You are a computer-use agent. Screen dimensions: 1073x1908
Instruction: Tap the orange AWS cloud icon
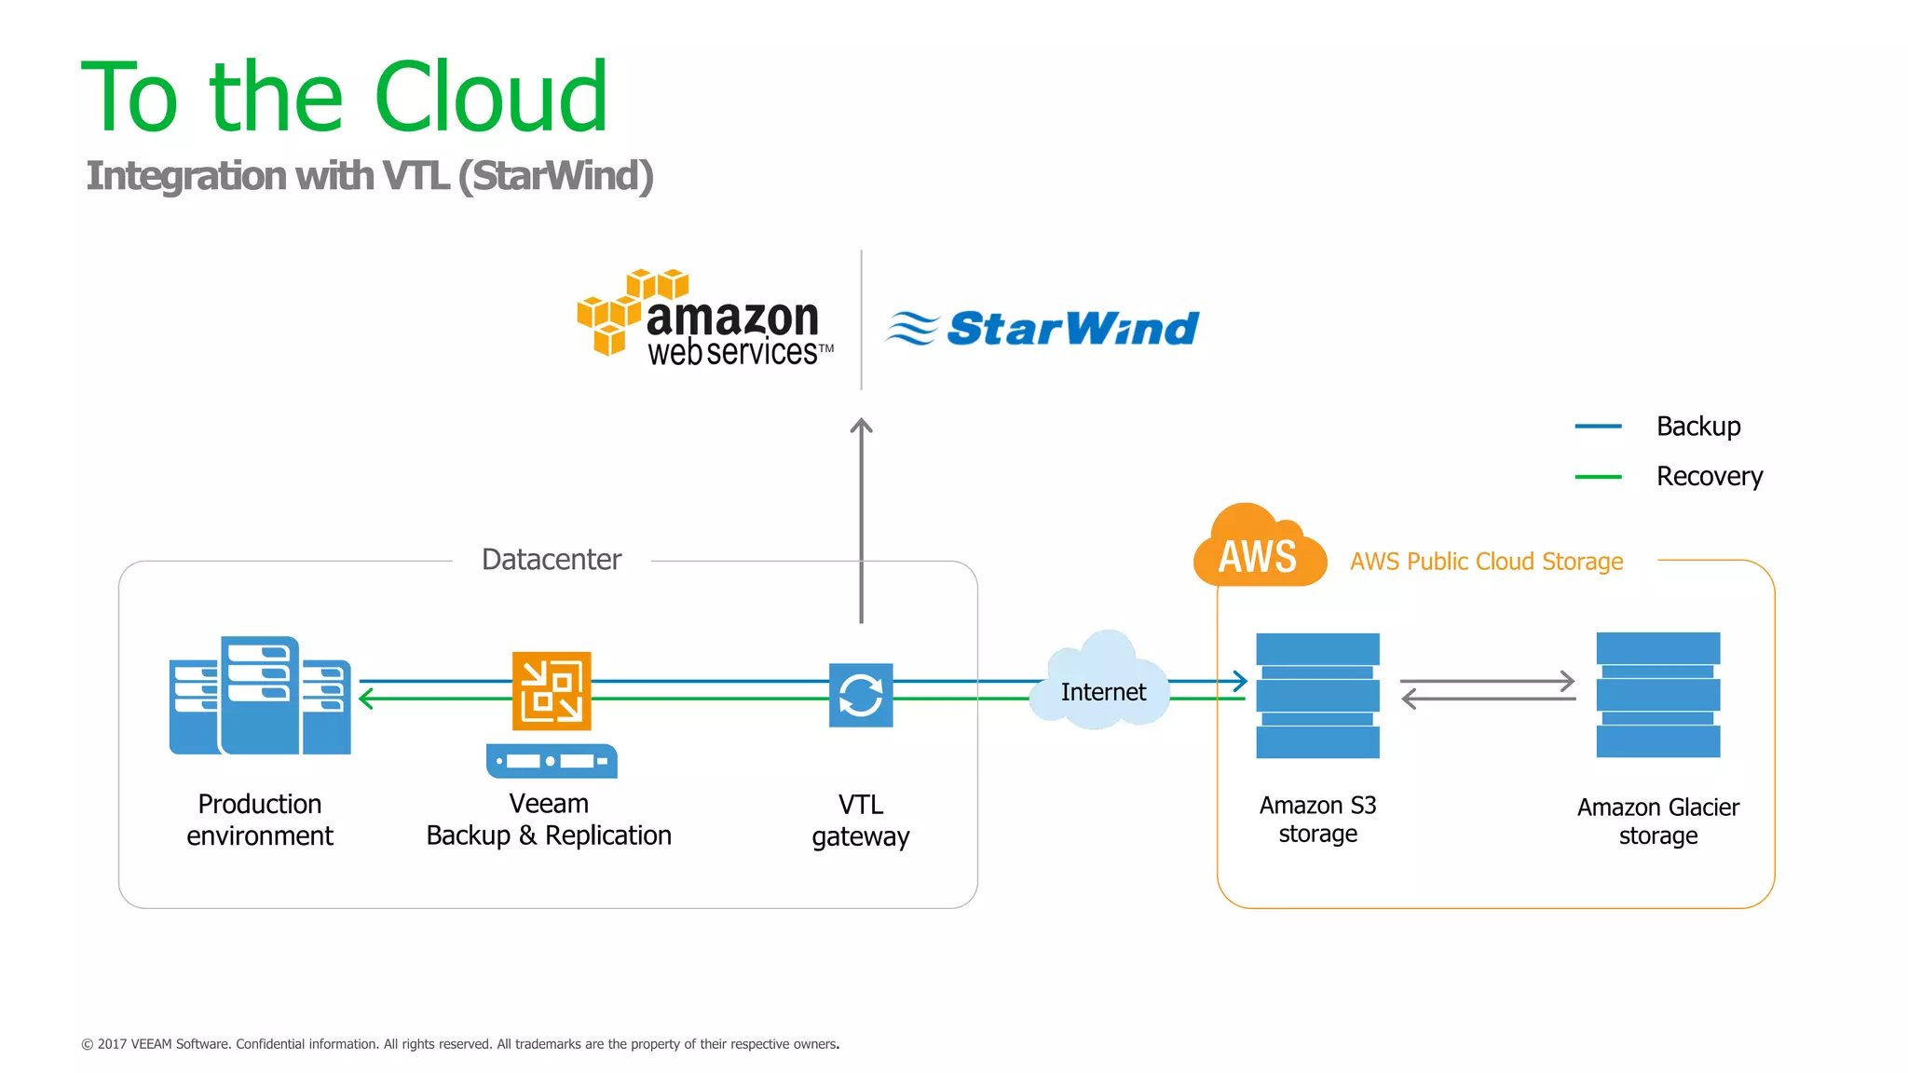tap(1258, 550)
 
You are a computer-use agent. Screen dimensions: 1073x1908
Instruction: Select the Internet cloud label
tap(1103, 692)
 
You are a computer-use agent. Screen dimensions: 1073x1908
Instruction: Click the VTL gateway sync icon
tap(861, 695)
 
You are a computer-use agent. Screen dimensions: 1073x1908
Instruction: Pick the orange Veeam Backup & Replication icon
tap(552, 690)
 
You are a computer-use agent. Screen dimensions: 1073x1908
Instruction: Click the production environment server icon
tap(260, 696)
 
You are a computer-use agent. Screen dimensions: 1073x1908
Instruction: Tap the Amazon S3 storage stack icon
tap(1317, 696)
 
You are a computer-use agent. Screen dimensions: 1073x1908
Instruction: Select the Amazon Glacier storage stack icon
tap(1657, 695)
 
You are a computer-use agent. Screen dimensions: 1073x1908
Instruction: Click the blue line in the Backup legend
tap(1598, 427)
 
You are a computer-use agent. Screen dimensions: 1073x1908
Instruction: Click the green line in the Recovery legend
tap(1598, 477)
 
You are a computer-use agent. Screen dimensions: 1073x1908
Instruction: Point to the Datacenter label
tap(552, 560)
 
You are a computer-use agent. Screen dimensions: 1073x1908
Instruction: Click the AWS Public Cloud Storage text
tap(1486, 562)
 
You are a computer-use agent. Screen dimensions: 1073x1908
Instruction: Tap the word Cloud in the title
tap(491, 98)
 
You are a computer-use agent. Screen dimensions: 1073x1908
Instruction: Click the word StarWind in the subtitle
tap(560, 176)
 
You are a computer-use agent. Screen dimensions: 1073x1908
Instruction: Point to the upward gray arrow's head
tap(862, 427)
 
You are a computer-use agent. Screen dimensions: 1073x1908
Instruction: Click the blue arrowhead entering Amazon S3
tap(1241, 681)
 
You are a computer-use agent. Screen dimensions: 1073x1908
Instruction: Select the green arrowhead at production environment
tap(366, 699)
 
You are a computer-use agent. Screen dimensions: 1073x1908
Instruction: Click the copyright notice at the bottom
tap(460, 1044)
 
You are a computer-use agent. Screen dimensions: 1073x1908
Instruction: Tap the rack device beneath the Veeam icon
tap(552, 761)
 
